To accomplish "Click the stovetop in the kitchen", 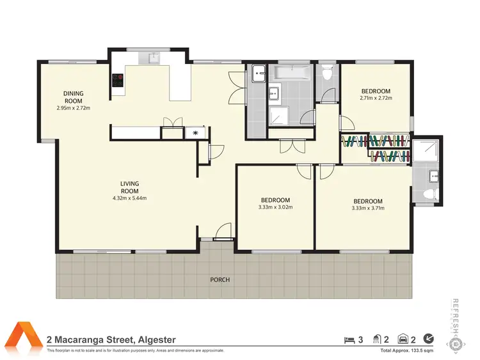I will point(118,81).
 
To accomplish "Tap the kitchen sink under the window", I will point(153,58).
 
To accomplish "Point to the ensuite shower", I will point(423,150).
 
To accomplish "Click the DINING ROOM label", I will point(73,97).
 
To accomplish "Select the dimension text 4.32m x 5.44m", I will point(129,198).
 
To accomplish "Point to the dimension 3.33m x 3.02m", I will point(275,207).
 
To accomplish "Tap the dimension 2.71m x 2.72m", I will point(375,98).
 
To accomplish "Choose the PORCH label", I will point(220,279).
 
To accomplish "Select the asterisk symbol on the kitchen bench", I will point(196,133).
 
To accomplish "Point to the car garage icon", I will point(403,339).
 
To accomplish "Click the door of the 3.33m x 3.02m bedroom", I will point(303,170).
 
